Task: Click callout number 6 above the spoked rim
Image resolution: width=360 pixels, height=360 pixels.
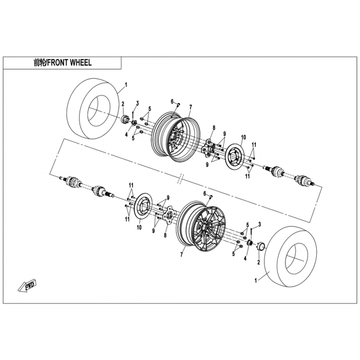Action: [x=205, y=193]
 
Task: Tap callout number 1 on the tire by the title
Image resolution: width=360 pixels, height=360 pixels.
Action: [x=126, y=84]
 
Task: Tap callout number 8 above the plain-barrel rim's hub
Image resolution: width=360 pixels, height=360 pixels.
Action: [x=214, y=128]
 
